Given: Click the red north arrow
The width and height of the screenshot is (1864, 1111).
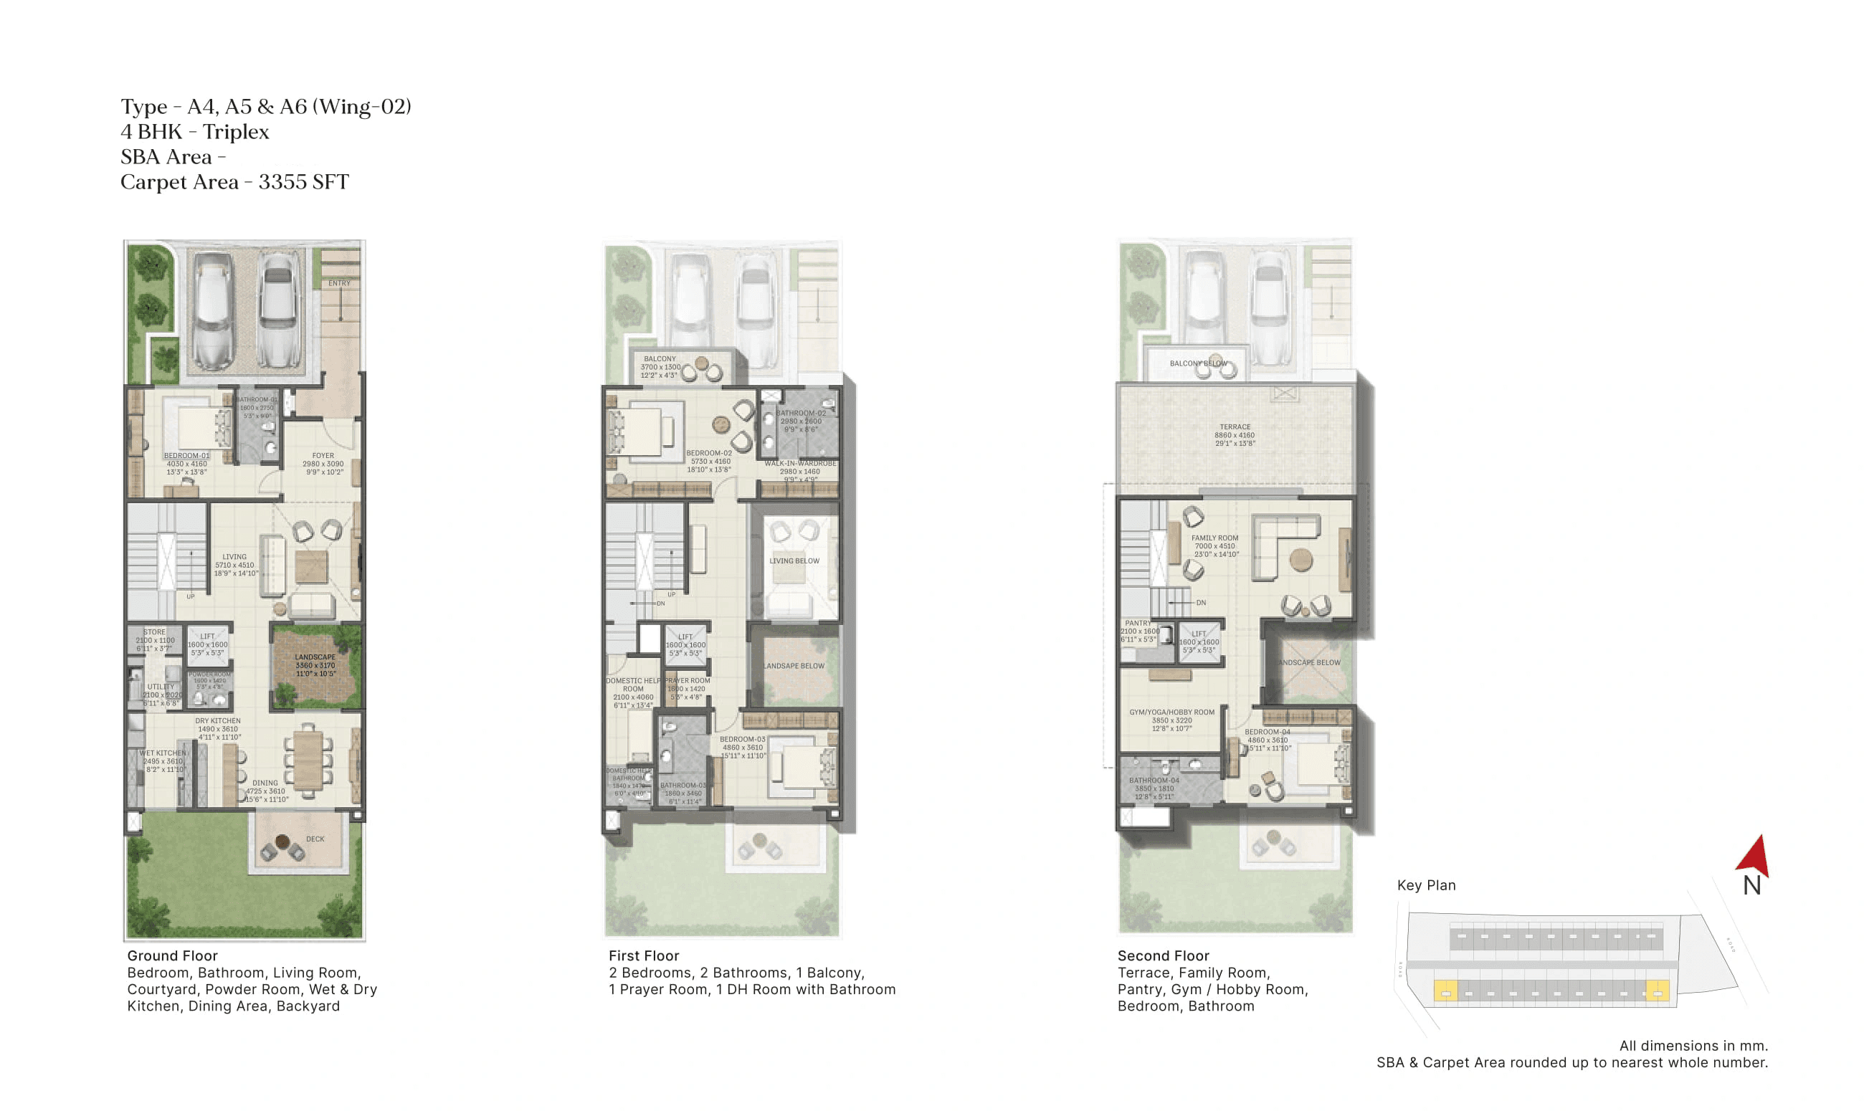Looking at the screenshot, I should [1755, 857].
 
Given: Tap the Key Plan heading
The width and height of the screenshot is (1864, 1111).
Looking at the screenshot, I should [1426, 885].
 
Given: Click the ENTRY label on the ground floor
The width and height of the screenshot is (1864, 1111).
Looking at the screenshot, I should [339, 283].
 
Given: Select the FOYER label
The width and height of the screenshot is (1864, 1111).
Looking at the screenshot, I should [323, 455].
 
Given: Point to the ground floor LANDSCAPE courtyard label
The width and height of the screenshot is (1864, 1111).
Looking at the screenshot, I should [315, 657].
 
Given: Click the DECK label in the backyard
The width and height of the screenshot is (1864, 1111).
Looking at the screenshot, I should [315, 839].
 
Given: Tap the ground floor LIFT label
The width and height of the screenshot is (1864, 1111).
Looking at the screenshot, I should [207, 636].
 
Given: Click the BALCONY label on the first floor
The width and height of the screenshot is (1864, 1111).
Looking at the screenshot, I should [660, 358].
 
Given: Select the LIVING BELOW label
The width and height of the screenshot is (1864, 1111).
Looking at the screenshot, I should [794, 561].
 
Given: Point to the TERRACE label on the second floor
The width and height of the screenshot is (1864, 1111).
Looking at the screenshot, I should [1235, 426].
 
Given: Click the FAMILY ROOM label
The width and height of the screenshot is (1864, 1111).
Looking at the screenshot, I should [1215, 538].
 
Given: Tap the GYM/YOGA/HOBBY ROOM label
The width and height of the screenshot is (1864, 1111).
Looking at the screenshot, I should [1171, 712].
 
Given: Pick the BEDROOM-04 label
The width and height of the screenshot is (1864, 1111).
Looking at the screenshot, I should [1268, 731].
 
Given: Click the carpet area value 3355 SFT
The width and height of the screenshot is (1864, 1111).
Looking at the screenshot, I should [303, 182].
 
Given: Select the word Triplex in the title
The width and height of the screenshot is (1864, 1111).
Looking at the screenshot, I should [236, 132].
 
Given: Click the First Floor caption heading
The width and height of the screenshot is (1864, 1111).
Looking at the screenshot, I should [643, 955].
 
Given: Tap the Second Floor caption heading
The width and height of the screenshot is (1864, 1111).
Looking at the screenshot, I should [1163, 955].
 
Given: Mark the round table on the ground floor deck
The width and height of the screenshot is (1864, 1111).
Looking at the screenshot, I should [282, 841].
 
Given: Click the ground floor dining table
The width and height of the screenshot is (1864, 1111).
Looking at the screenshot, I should [308, 760].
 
